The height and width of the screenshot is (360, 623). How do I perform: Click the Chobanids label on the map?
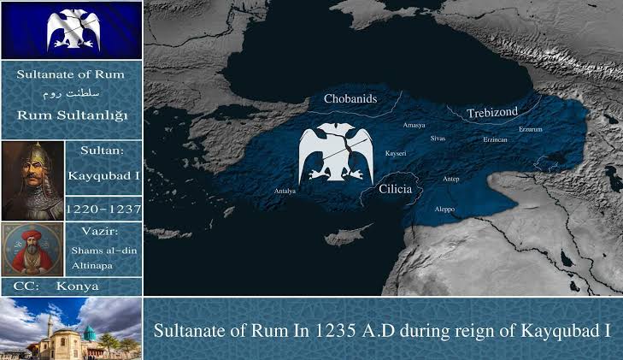[x=350, y=99]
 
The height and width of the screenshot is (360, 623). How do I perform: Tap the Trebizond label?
[x=492, y=113]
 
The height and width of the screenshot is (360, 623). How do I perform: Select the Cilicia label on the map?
[x=396, y=187]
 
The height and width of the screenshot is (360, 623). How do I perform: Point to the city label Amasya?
[x=414, y=125]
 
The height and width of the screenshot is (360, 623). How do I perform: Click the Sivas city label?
[x=438, y=137]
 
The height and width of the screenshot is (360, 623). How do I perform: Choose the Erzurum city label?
[x=531, y=129]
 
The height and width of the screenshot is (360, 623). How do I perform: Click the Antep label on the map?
[x=451, y=180]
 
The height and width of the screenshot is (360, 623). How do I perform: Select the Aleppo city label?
[x=445, y=210]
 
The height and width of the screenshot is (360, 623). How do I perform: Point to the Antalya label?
[x=285, y=191]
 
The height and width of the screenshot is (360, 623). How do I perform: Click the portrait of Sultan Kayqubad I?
[x=32, y=180]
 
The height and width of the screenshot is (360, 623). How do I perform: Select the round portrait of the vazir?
[x=32, y=249]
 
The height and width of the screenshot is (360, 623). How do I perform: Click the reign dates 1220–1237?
[x=103, y=208]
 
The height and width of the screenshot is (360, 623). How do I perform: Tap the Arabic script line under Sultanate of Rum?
[x=71, y=91]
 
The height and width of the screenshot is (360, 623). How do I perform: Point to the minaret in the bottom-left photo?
[x=51, y=329]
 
